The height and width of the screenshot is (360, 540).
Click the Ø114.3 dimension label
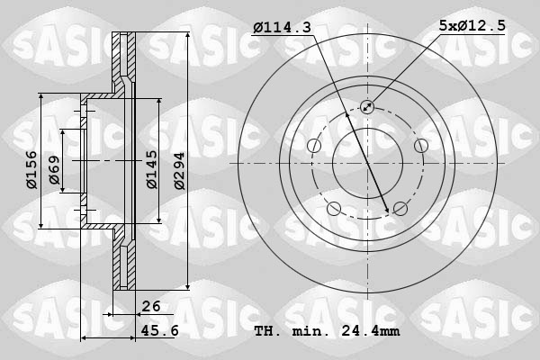[x=282, y=28]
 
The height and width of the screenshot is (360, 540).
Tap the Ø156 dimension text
[x=31, y=168]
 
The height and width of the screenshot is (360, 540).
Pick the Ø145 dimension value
[x=152, y=168]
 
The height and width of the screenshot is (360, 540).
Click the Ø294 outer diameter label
[x=180, y=168]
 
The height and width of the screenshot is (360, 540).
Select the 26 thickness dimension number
[x=150, y=306]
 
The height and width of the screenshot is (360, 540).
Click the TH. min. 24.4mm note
[x=327, y=330]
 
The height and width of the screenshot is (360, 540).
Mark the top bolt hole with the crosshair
[x=367, y=107]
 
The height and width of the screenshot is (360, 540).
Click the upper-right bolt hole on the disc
[x=420, y=146]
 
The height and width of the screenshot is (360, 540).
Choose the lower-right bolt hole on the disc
[x=400, y=209]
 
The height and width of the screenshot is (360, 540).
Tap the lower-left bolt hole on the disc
[x=334, y=209]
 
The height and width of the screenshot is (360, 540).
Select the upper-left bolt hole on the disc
[x=314, y=146]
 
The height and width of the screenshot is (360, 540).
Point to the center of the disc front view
[x=367, y=163]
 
